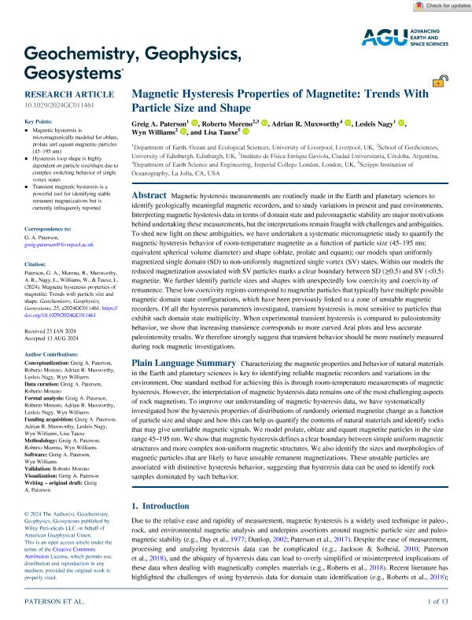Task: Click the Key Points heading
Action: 40,122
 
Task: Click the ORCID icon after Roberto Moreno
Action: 264,123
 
